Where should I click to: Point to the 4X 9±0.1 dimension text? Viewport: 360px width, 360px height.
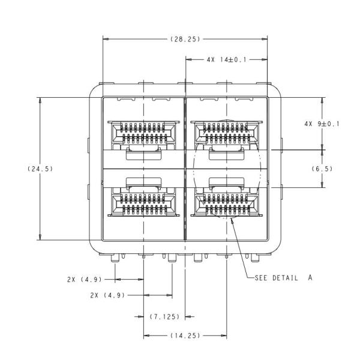click(x=322, y=124)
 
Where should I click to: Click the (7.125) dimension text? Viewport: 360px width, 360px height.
click(x=163, y=316)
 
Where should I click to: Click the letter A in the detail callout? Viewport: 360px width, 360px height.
click(x=311, y=278)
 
